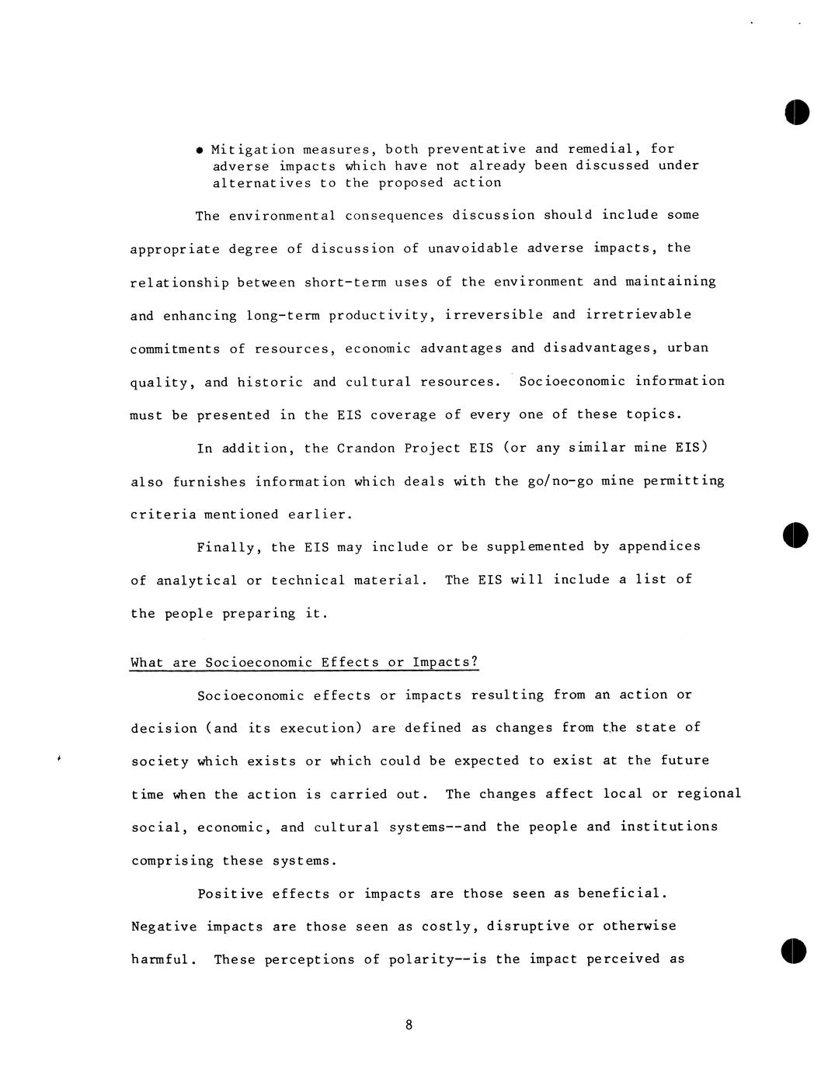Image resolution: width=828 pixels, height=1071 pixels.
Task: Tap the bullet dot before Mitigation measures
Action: (x=200, y=150)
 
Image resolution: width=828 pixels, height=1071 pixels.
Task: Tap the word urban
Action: (x=687, y=348)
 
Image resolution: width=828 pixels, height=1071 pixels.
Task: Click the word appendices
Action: (x=659, y=546)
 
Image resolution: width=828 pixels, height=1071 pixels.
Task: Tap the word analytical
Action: (x=197, y=581)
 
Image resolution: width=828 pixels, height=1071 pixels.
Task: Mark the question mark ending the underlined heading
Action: (x=475, y=661)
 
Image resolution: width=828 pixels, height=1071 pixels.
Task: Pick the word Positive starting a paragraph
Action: (x=230, y=893)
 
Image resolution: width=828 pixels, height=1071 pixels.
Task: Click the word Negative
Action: (x=164, y=927)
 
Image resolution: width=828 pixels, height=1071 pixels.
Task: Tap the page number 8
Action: (x=409, y=1025)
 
